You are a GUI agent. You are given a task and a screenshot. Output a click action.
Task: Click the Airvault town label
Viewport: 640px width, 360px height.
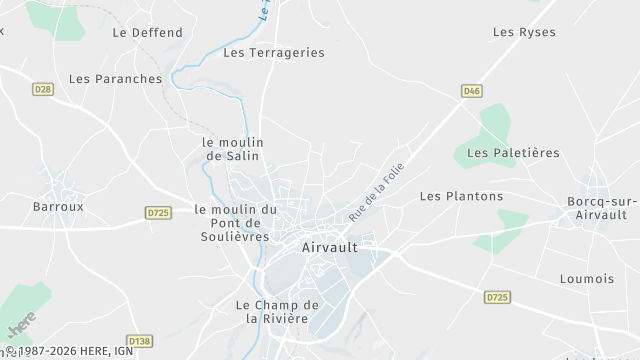(330, 246)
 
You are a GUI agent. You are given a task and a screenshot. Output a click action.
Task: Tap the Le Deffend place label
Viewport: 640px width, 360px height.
(148, 32)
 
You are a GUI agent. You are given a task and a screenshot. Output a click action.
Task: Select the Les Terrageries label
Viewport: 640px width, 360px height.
(274, 52)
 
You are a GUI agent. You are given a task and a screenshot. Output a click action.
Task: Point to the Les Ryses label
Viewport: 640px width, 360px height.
(524, 32)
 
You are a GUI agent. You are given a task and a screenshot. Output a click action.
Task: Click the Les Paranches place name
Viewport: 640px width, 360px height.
(115, 78)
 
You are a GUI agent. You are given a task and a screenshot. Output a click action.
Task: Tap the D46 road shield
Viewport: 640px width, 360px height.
(472, 91)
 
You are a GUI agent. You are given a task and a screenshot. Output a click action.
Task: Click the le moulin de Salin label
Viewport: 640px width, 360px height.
(232, 149)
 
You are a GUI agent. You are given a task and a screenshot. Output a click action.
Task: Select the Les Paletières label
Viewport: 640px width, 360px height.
(513, 152)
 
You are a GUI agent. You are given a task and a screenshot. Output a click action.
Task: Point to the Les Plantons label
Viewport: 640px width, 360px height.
(461, 196)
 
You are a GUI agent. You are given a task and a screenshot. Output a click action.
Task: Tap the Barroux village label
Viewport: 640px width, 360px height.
(58, 207)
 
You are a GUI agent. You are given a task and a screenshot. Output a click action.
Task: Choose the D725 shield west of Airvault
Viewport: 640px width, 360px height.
(157, 212)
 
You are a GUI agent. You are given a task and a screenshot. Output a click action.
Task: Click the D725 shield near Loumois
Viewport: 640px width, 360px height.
(496, 297)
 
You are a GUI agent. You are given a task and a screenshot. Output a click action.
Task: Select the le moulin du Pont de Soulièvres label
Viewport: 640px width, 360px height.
(235, 222)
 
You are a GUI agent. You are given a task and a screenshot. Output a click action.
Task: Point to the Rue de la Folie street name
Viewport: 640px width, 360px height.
(368, 197)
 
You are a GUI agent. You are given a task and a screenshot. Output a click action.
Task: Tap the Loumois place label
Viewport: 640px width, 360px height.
(587, 279)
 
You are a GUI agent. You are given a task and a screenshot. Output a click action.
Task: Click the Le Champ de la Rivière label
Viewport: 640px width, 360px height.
(277, 311)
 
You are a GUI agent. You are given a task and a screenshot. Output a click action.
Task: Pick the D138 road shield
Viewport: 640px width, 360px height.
(140, 341)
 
